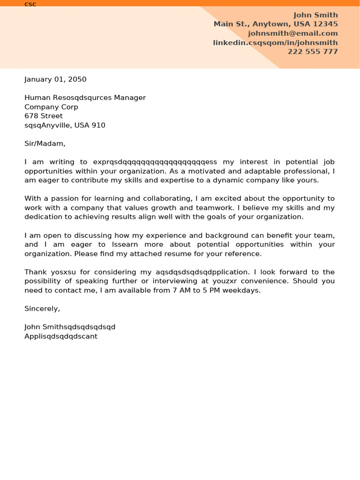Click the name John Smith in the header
pos(315,15)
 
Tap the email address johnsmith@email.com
pos(292,33)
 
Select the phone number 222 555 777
pos(313,52)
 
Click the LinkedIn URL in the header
pos(275,43)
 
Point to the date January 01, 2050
pos(55,79)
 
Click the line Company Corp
pos(51,107)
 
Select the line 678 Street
pos(44,116)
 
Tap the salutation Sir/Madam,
pos(45,143)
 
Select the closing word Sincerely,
pos(42,308)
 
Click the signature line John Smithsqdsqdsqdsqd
pos(70,327)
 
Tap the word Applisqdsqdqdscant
pos(61,336)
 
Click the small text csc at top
pos(30,4)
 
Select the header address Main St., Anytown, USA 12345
pos(276,24)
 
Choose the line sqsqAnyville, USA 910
pos(65,125)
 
